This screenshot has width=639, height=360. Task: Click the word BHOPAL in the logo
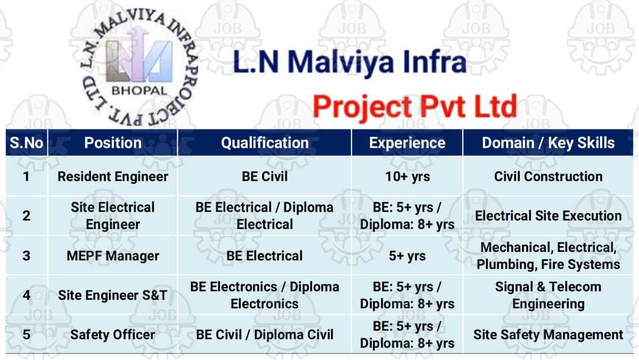[x=139, y=91]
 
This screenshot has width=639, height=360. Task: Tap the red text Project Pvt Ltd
[x=415, y=107]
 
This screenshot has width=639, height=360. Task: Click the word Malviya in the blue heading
[x=340, y=62]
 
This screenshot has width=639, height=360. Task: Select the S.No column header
[x=27, y=143]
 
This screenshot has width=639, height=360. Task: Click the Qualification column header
[x=265, y=143]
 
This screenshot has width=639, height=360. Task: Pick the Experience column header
[x=407, y=143]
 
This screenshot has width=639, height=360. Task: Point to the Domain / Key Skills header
[x=548, y=143]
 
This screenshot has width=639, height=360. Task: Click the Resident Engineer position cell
[x=113, y=177]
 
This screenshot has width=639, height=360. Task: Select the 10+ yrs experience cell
[x=407, y=177]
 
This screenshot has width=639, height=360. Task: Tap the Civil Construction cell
[x=548, y=177]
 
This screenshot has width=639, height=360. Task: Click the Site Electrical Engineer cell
[x=113, y=216]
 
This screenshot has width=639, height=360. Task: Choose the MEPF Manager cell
[x=113, y=256]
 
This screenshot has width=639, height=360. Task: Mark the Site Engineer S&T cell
[x=113, y=295]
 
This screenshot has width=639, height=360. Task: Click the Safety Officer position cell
[x=113, y=334]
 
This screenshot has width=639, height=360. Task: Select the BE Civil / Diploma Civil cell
[x=265, y=334]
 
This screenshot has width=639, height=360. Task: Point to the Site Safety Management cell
[x=548, y=334]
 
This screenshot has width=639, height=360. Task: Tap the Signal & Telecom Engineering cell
[x=548, y=295]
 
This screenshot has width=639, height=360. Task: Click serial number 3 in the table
[x=26, y=256]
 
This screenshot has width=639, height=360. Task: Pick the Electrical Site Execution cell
[x=548, y=216]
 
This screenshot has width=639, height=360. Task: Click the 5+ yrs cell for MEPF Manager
[x=407, y=256]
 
